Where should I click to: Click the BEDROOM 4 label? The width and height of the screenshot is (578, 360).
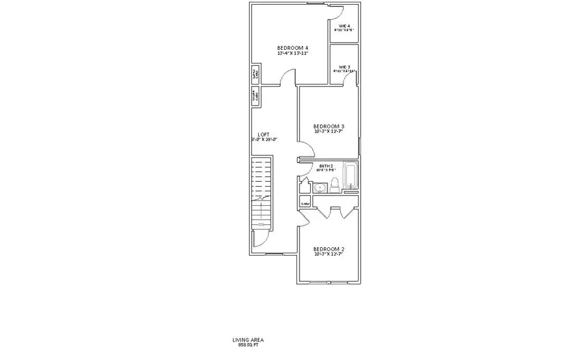click(x=292, y=48)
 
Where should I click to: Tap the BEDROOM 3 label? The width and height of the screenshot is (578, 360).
click(x=328, y=127)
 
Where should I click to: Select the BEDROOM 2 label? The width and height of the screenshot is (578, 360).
click(x=328, y=248)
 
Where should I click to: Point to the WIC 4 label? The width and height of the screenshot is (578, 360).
click(x=345, y=26)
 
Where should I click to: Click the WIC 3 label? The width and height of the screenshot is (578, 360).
click(x=345, y=67)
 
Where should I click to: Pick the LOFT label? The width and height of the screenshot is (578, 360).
click(x=263, y=134)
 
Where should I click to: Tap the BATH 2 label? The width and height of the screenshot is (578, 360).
click(x=327, y=166)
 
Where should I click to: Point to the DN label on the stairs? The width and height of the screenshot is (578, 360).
click(x=261, y=225)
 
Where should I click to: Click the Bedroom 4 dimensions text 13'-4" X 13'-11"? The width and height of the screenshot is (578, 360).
click(x=292, y=54)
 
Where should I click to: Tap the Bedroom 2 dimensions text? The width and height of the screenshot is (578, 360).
click(x=328, y=254)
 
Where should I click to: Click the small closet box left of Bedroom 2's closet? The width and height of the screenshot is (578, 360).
click(x=305, y=203)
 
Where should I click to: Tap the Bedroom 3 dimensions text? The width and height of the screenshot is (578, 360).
click(x=328, y=133)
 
